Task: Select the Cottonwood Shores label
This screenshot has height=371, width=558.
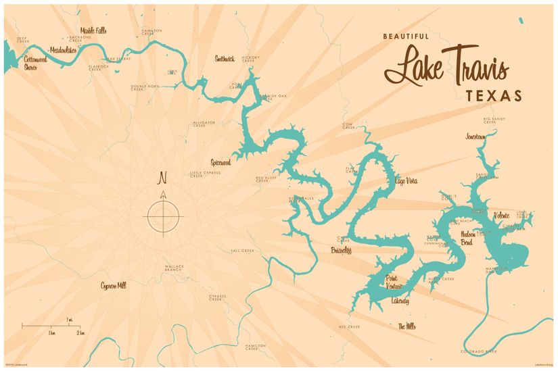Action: pos(35,63)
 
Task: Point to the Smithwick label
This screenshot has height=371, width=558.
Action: pos(225,58)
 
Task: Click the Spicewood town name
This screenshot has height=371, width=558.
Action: pos(220,163)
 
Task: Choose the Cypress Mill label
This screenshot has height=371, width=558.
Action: pos(113,285)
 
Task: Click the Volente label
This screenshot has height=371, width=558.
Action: pos(502,215)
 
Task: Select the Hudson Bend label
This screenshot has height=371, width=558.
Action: pos(470,237)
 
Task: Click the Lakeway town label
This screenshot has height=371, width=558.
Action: pos(400,301)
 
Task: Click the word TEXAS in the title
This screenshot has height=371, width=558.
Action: pos(494,95)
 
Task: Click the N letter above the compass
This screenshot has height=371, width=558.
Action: pos(162,178)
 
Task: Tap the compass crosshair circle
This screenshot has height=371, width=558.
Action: pos(164,216)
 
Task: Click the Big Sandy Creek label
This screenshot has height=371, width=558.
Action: pos(494,121)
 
